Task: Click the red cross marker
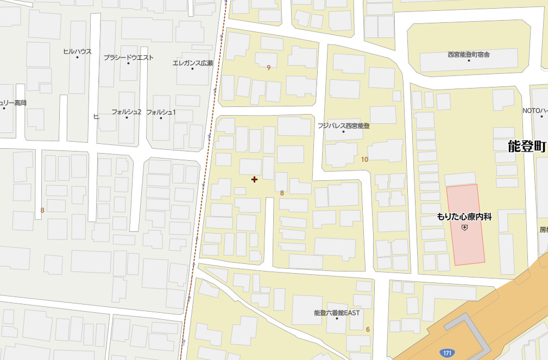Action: (x=254, y=179)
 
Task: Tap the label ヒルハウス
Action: (x=77, y=52)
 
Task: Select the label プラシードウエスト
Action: (x=129, y=58)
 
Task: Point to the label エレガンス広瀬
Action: (x=193, y=63)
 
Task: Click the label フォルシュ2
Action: (x=127, y=112)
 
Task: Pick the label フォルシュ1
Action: (x=161, y=112)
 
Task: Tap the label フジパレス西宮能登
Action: (x=344, y=126)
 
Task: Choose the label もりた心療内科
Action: (x=464, y=217)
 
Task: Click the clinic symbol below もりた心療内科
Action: (x=464, y=229)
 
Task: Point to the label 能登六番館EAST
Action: (x=337, y=313)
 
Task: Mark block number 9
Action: (x=269, y=68)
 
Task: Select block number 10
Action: (x=364, y=159)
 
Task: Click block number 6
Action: (x=368, y=330)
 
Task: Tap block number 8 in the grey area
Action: (x=42, y=210)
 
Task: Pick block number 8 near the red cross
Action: (x=282, y=193)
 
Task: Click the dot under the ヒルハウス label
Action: (x=77, y=58)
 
